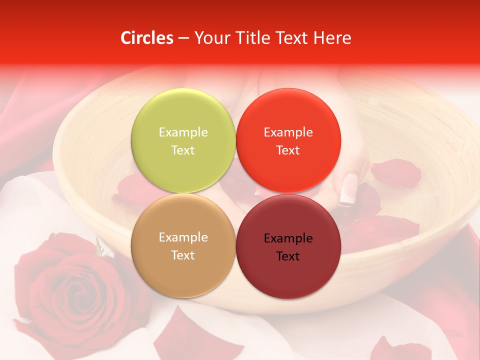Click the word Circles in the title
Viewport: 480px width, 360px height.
coord(147,38)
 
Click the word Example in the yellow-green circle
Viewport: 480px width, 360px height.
coord(183,132)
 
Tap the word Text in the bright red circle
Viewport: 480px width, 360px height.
coord(288,150)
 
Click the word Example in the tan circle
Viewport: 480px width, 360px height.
coord(183,237)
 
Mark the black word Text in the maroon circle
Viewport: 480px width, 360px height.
coord(288,256)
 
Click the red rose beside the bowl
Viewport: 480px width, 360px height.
coord(65,285)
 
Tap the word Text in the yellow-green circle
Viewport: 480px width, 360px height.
coord(183,150)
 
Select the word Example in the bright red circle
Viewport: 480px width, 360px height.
coord(288,132)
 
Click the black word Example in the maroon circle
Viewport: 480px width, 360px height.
coord(288,238)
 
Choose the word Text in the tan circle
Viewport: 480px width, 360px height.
coord(183,255)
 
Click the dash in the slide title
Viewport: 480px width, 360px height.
coord(183,38)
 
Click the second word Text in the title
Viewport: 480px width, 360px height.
coord(291,38)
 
